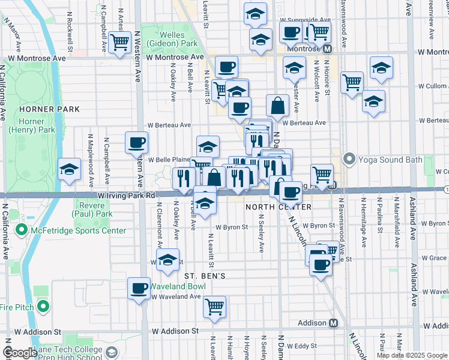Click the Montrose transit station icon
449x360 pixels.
(x=328, y=49)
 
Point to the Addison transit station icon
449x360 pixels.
(x=333, y=323)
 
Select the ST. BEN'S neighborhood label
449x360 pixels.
(x=204, y=276)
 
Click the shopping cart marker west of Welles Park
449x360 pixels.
(x=120, y=42)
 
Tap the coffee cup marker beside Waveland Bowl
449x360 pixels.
(x=139, y=288)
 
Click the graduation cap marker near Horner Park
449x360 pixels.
(x=70, y=170)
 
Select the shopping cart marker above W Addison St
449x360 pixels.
(x=214, y=307)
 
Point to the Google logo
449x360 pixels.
(x=20, y=353)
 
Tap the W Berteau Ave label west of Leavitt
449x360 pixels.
(x=169, y=125)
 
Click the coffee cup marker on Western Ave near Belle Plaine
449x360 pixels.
(x=137, y=142)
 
